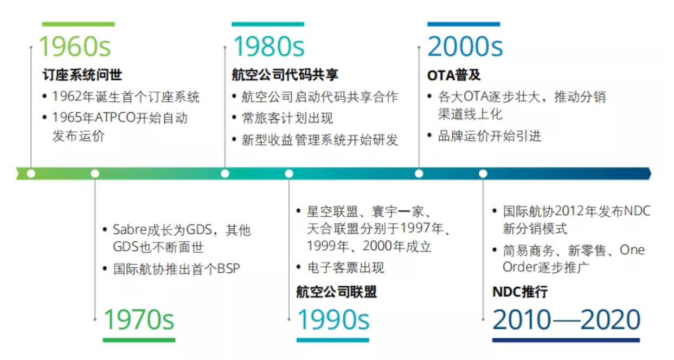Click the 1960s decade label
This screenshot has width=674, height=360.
75,47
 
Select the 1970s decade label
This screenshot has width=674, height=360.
139,319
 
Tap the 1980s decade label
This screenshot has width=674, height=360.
268,47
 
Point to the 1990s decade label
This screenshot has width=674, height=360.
333,319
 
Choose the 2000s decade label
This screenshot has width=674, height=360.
465,47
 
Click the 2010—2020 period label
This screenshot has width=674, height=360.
566,319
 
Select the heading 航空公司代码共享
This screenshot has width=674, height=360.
285,75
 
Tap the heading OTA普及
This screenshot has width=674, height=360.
454,75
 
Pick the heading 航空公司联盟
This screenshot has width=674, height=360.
336,292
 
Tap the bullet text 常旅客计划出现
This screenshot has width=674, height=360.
287,118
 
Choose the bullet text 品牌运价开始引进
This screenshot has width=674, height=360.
489,136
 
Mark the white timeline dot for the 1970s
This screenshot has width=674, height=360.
95,173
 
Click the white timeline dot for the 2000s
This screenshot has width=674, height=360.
419,173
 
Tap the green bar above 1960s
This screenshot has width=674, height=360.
78,24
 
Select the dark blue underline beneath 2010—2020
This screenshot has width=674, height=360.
566,340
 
